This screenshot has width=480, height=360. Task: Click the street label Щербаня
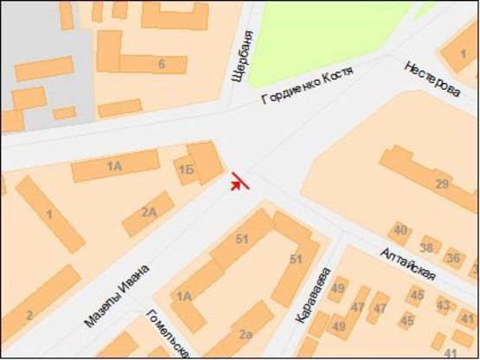tap(245, 57)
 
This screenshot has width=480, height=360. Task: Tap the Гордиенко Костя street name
tap(309, 87)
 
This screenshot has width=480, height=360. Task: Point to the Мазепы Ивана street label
tap(116, 294)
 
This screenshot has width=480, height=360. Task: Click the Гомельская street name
tap(168, 333)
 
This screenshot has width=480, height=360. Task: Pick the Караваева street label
tap(312, 296)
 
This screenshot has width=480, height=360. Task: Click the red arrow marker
tap(240, 182)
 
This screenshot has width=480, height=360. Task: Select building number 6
tap(161, 64)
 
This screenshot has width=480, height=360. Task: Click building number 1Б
tap(185, 169)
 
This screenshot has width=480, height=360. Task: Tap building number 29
tap(442, 183)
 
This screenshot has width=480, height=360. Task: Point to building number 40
tap(400, 230)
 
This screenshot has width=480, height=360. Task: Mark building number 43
tap(443, 305)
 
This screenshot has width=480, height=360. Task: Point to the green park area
tap(329, 30)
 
